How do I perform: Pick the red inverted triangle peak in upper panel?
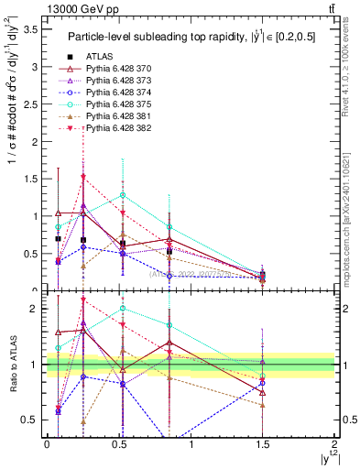83,177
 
